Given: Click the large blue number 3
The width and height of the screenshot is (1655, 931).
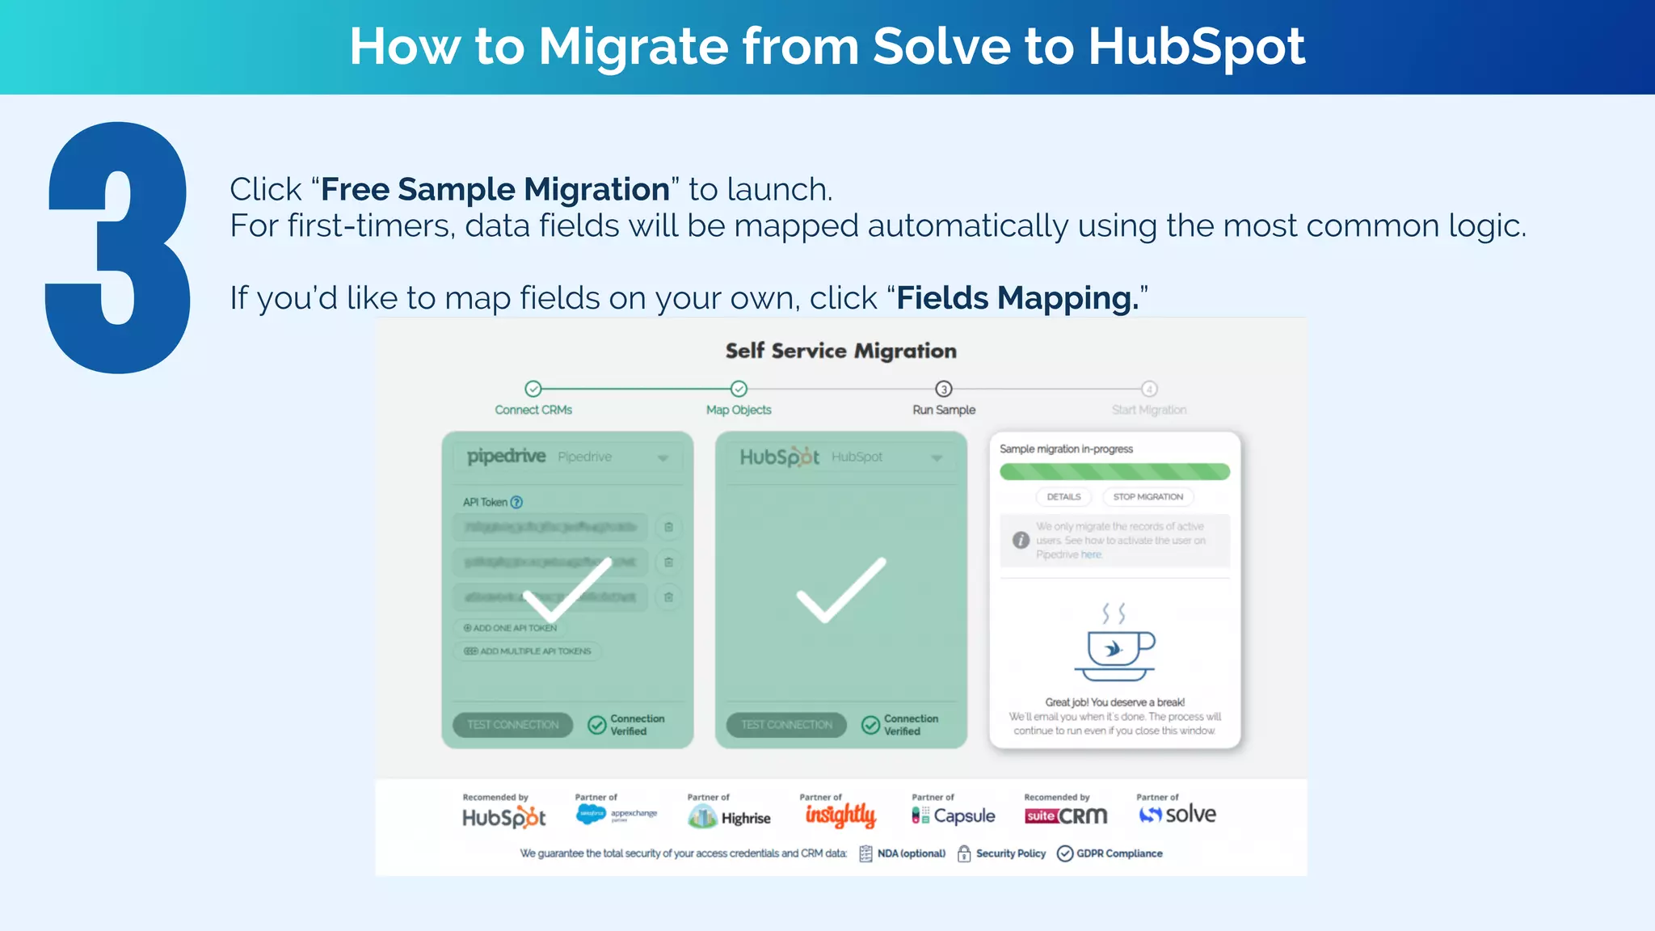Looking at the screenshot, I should [118, 247].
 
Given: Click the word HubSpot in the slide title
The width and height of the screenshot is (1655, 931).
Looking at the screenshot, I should [1196, 46].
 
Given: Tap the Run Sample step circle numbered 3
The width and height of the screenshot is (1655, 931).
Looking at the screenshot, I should [943, 389].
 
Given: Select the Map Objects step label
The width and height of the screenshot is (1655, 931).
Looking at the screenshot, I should [739, 410].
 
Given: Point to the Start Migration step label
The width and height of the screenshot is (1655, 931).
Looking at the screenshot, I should [1148, 410].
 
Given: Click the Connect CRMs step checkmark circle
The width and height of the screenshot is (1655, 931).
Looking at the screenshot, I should [533, 389].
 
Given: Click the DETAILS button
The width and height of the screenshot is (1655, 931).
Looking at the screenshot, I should [1063, 497].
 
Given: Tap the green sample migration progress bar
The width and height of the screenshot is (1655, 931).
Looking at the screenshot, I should [1114, 471].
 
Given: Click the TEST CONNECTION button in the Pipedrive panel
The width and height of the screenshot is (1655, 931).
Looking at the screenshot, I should [512, 725].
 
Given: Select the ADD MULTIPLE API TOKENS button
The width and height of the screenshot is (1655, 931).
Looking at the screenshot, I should [529, 651].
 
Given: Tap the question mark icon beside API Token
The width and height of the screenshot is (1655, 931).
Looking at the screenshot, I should [517, 502].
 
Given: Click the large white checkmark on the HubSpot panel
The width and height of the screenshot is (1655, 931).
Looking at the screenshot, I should [840, 590].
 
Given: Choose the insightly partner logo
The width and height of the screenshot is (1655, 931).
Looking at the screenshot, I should [840, 815].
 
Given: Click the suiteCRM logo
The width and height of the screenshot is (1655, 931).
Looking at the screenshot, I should [1065, 816].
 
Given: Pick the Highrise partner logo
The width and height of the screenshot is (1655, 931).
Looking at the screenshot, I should [729, 818].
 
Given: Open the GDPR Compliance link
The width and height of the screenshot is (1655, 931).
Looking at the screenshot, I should [1118, 853].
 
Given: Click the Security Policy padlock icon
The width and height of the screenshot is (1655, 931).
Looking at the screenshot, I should [964, 853].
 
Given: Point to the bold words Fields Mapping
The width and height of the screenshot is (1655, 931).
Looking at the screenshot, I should [1017, 298].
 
